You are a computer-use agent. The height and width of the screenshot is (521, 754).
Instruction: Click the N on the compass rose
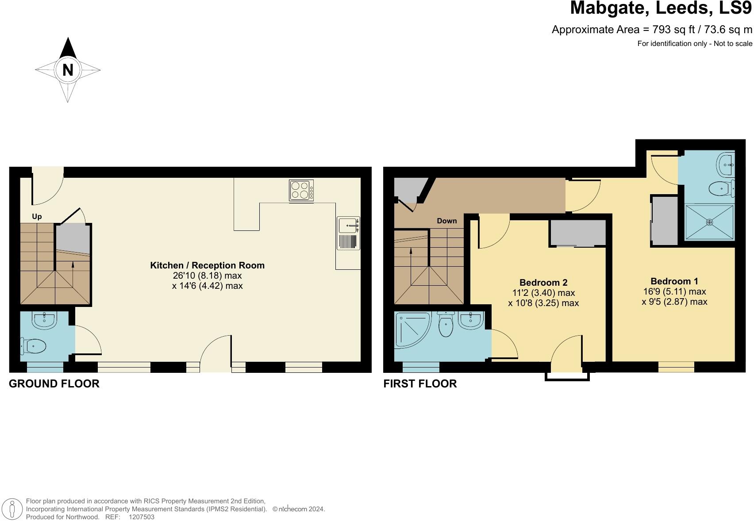pos(68,70)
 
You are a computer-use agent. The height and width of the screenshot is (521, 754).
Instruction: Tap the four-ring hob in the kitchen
pos(301,191)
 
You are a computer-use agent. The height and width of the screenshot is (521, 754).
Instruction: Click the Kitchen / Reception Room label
pos(207,265)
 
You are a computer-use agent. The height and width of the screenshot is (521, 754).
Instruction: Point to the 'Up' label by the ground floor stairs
pos(37,216)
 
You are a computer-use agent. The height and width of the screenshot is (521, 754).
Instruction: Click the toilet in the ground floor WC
pos(34,346)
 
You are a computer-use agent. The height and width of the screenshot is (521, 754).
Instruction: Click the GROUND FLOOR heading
pos(54,383)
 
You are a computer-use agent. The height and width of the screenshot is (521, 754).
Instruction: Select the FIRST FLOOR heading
pos(420,383)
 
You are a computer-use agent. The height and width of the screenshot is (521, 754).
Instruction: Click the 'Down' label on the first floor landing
pos(446,221)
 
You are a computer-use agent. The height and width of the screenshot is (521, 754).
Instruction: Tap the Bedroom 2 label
pos(543,282)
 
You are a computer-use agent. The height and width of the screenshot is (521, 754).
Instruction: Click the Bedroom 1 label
pos(674,281)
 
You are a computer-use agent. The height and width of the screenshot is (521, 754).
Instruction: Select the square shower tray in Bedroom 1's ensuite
pos(709,222)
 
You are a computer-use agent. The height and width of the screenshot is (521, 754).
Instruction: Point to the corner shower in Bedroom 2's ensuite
pos(412,329)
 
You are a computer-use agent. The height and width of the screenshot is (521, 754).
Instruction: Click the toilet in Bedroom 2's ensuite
pos(446,325)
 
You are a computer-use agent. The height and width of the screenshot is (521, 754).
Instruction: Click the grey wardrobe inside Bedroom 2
pos(577,233)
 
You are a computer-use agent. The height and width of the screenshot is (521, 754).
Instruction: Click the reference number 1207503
pos(141,517)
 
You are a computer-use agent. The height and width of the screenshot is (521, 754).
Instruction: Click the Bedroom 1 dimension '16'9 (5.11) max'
pos(674,291)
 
